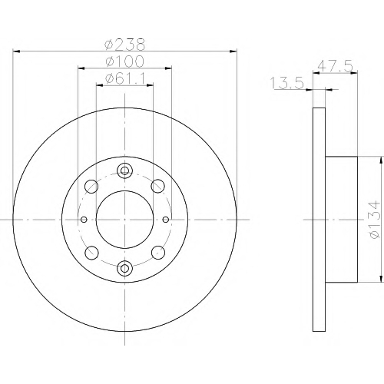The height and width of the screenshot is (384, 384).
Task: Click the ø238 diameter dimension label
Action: pos(125,45)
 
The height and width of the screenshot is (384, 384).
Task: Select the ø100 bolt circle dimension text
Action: pos(125,61)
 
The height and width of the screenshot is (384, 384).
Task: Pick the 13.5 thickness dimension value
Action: pos(287,84)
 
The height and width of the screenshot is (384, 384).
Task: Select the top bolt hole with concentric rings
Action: pos(124,170)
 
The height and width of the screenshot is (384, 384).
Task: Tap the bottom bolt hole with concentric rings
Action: pos(124,268)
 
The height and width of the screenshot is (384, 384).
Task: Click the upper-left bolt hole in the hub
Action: pos(91,187)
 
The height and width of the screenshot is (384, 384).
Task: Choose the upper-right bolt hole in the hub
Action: pos(158,186)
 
